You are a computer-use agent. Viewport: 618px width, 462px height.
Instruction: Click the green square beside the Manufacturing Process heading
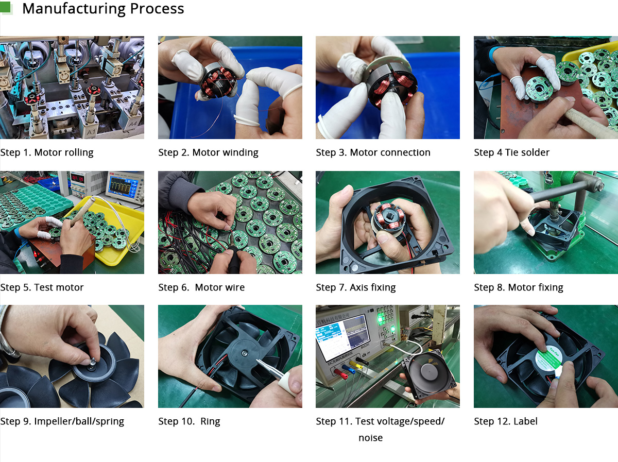tap(5, 7)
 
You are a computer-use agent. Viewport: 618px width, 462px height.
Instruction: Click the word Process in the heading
tap(157, 8)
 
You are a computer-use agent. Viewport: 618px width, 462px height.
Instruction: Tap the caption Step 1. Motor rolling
tap(47, 152)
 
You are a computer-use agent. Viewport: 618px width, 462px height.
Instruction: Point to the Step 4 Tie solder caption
tap(511, 152)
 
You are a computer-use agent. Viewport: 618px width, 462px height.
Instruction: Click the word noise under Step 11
tap(370, 437)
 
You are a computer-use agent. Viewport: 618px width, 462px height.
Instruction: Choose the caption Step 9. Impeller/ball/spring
tap(62, 421)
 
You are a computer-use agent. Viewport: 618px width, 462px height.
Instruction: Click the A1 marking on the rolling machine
tap(91, 132)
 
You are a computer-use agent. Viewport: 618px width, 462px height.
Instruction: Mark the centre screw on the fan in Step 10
tap(245, 353)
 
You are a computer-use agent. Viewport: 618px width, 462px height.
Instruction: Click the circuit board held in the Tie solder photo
tap(537, 89)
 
